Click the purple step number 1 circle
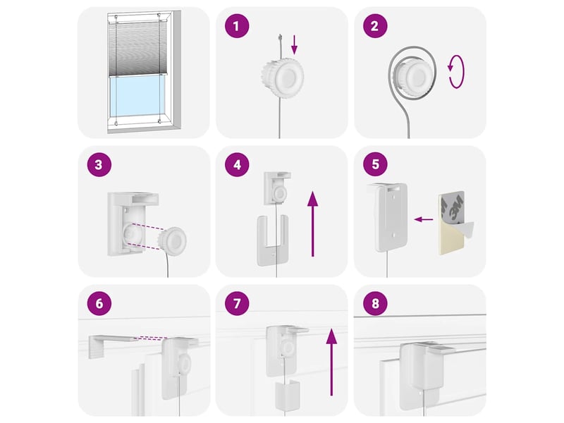237,26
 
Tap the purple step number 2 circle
375,26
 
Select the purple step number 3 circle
99,164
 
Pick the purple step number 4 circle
237,164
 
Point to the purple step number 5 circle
375,164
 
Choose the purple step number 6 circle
99,303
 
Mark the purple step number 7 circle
237,303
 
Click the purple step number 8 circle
375,303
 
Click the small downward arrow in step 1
294,44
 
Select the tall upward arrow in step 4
312,223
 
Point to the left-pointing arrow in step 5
424,219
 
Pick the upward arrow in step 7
331,362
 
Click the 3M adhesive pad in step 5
454,223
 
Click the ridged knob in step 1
283,78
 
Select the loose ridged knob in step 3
173,240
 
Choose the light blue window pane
137,97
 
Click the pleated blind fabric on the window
137,48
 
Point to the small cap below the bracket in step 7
288,396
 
